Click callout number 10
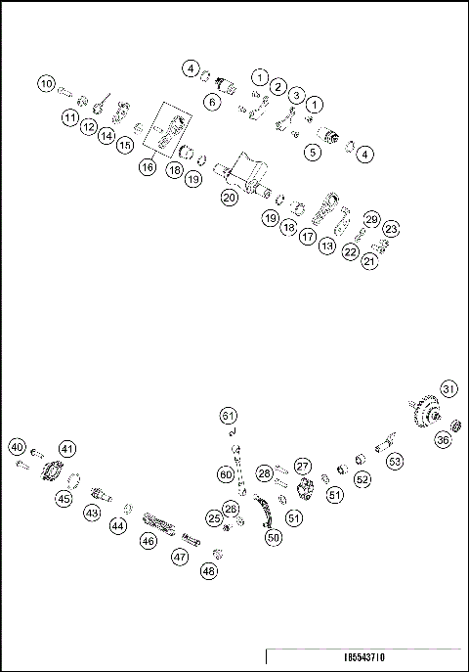click(x=47, y=84)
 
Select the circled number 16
click(x=148, y=167)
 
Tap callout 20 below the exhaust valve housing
click(x=230, y=197)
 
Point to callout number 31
click(x=448, y=388)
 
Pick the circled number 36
click(x=443, y=440)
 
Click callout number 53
click(x=395, y=460)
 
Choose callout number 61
click(x=229, y=413)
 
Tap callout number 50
click(x=274, y=536)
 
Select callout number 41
click(x=67, y=448)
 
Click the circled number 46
click(x=149, y=539)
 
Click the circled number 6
click(x=211, y=101)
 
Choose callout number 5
click(x=313, y=152)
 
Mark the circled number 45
click(x=64, y=498)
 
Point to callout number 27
click(x=303, y=467)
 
